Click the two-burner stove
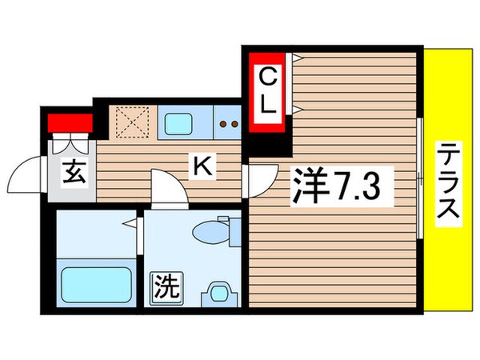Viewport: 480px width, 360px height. click(x=230, y=124)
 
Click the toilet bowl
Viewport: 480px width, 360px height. click(x=214, y=232)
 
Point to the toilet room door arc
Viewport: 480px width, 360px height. click(x=166, y=189)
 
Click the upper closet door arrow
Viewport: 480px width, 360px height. click(x=296, y=58)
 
